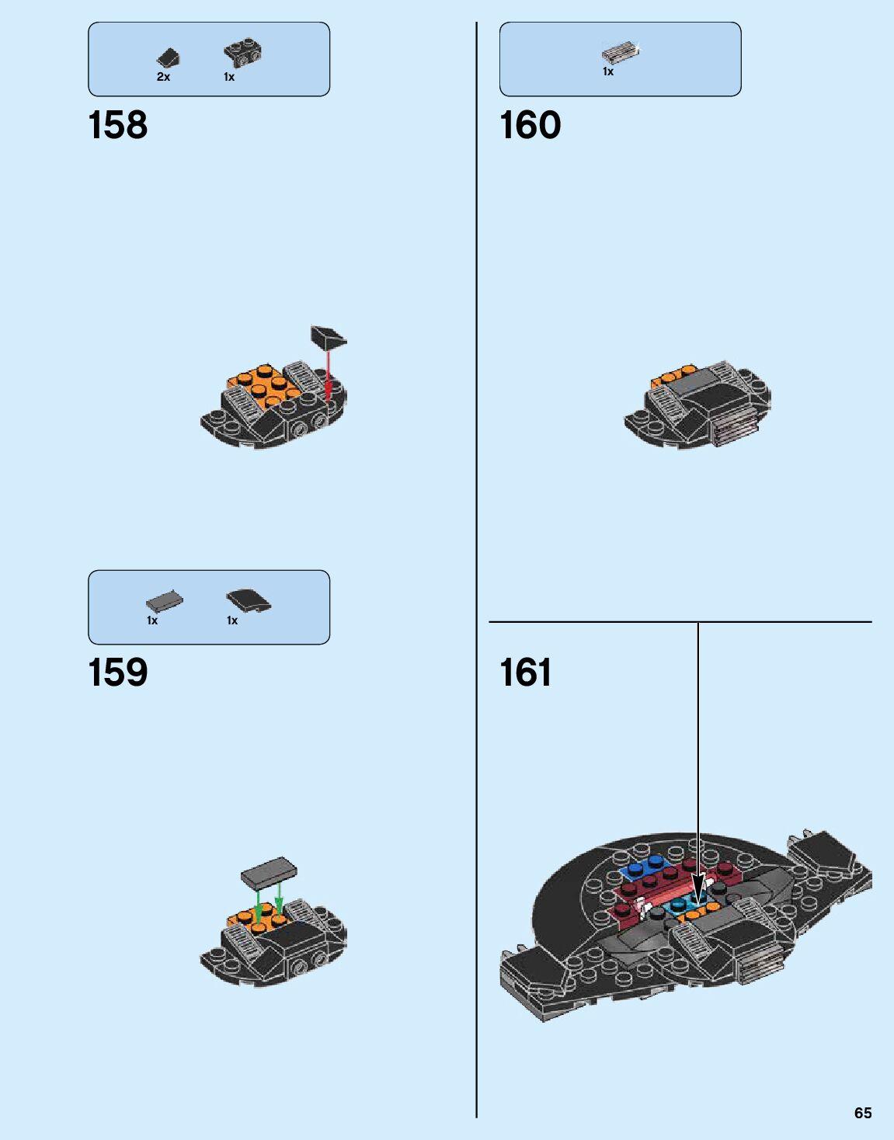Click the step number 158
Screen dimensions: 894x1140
[118, 126]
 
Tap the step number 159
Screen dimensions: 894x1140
[118, 673]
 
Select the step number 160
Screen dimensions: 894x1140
[530, 126]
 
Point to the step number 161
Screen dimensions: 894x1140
[526, 673]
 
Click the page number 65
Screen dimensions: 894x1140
[862, 1113]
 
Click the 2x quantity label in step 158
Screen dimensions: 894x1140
[163, 78]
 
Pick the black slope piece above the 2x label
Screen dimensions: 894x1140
[169, 58]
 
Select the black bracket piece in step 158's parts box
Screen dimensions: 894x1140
[242, 53]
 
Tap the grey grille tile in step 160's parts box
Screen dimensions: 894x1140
[621, 53]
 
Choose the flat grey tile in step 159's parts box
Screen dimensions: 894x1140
[164, 602]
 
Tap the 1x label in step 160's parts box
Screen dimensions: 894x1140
[608, 71]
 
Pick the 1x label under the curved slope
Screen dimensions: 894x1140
[231, 620]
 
